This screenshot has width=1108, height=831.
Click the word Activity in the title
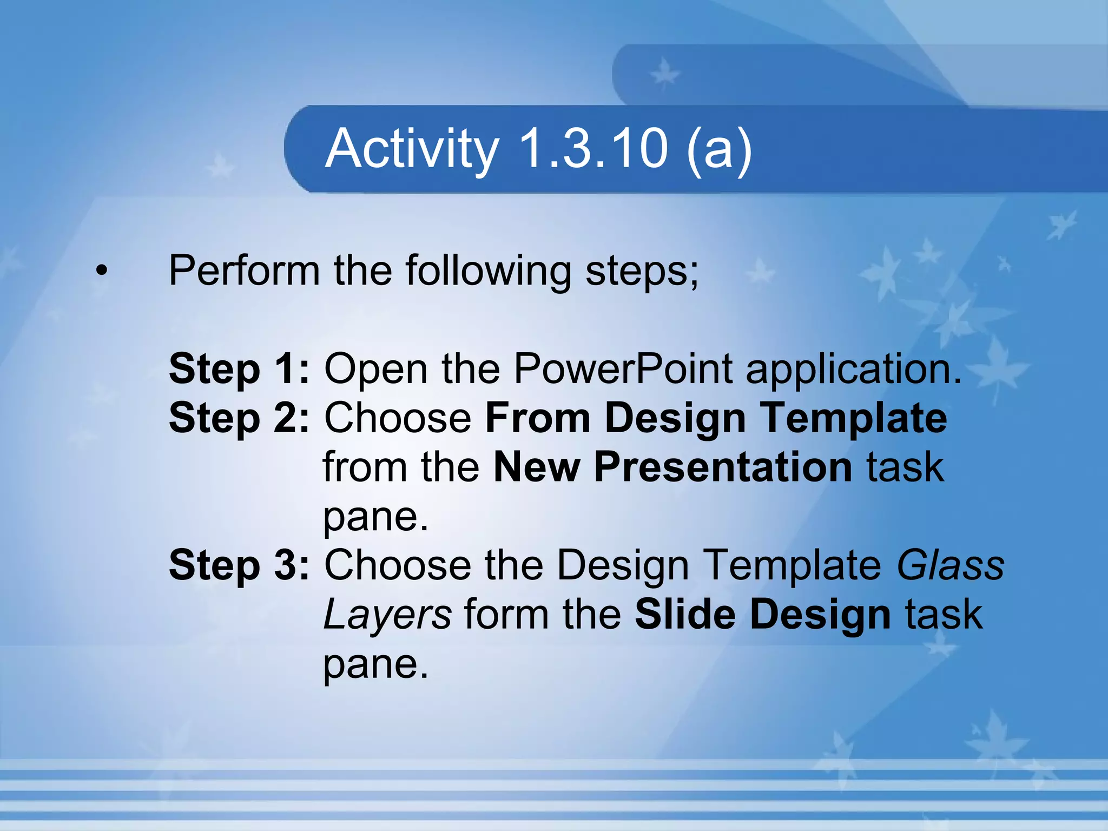click(x=412, y=149)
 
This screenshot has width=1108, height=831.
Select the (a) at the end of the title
click(x=719, y=149)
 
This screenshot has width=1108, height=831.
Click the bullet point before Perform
click(x=101, y=270)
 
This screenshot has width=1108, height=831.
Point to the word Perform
click(x=244, y=270)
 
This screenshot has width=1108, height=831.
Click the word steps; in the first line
click(x=642, y=271)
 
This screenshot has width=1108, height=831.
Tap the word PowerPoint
click(x=622, y=369)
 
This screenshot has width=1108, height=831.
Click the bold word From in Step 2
click(x=538, y=418)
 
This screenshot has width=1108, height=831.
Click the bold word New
click(x=536, y=467)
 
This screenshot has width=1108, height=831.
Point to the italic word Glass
click(x=950, y=565)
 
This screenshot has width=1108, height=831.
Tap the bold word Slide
click(x=685, y=615)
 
